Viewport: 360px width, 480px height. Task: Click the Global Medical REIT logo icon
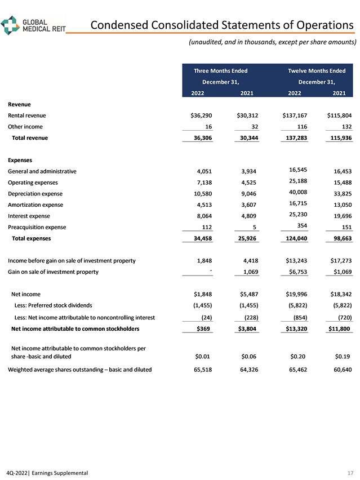10,25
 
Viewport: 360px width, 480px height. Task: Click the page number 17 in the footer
351,473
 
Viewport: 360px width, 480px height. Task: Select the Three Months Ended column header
220,71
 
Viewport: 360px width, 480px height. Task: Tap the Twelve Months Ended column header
317,71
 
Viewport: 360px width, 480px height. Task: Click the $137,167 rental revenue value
295,115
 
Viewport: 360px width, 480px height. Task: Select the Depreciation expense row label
35,193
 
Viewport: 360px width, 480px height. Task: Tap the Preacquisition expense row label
37,227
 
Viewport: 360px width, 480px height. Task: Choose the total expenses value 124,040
296,238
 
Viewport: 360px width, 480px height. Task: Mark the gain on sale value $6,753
296,272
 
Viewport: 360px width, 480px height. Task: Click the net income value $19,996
296,294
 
